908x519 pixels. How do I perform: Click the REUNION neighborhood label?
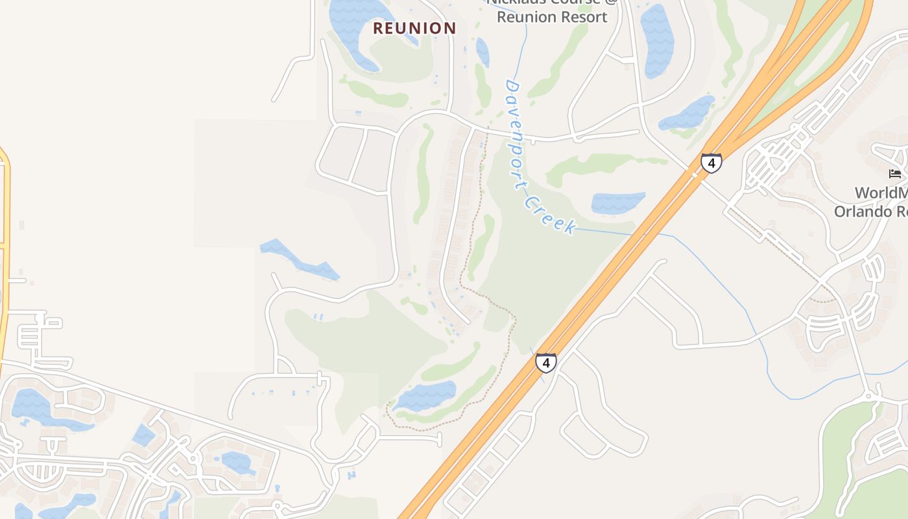point(414,28)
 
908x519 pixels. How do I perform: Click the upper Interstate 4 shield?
point(711,163)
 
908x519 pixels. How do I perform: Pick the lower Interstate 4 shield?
point(546,363)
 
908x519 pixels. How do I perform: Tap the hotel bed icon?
point(895,173)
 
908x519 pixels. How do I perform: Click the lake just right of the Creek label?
point(617,203)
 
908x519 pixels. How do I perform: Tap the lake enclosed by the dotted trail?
point(425,395)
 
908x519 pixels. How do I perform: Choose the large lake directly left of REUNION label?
point(353,29)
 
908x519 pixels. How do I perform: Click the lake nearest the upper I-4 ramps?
point(687,114)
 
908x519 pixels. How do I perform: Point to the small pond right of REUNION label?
point(483,52)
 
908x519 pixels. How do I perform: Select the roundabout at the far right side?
point(870,394)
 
